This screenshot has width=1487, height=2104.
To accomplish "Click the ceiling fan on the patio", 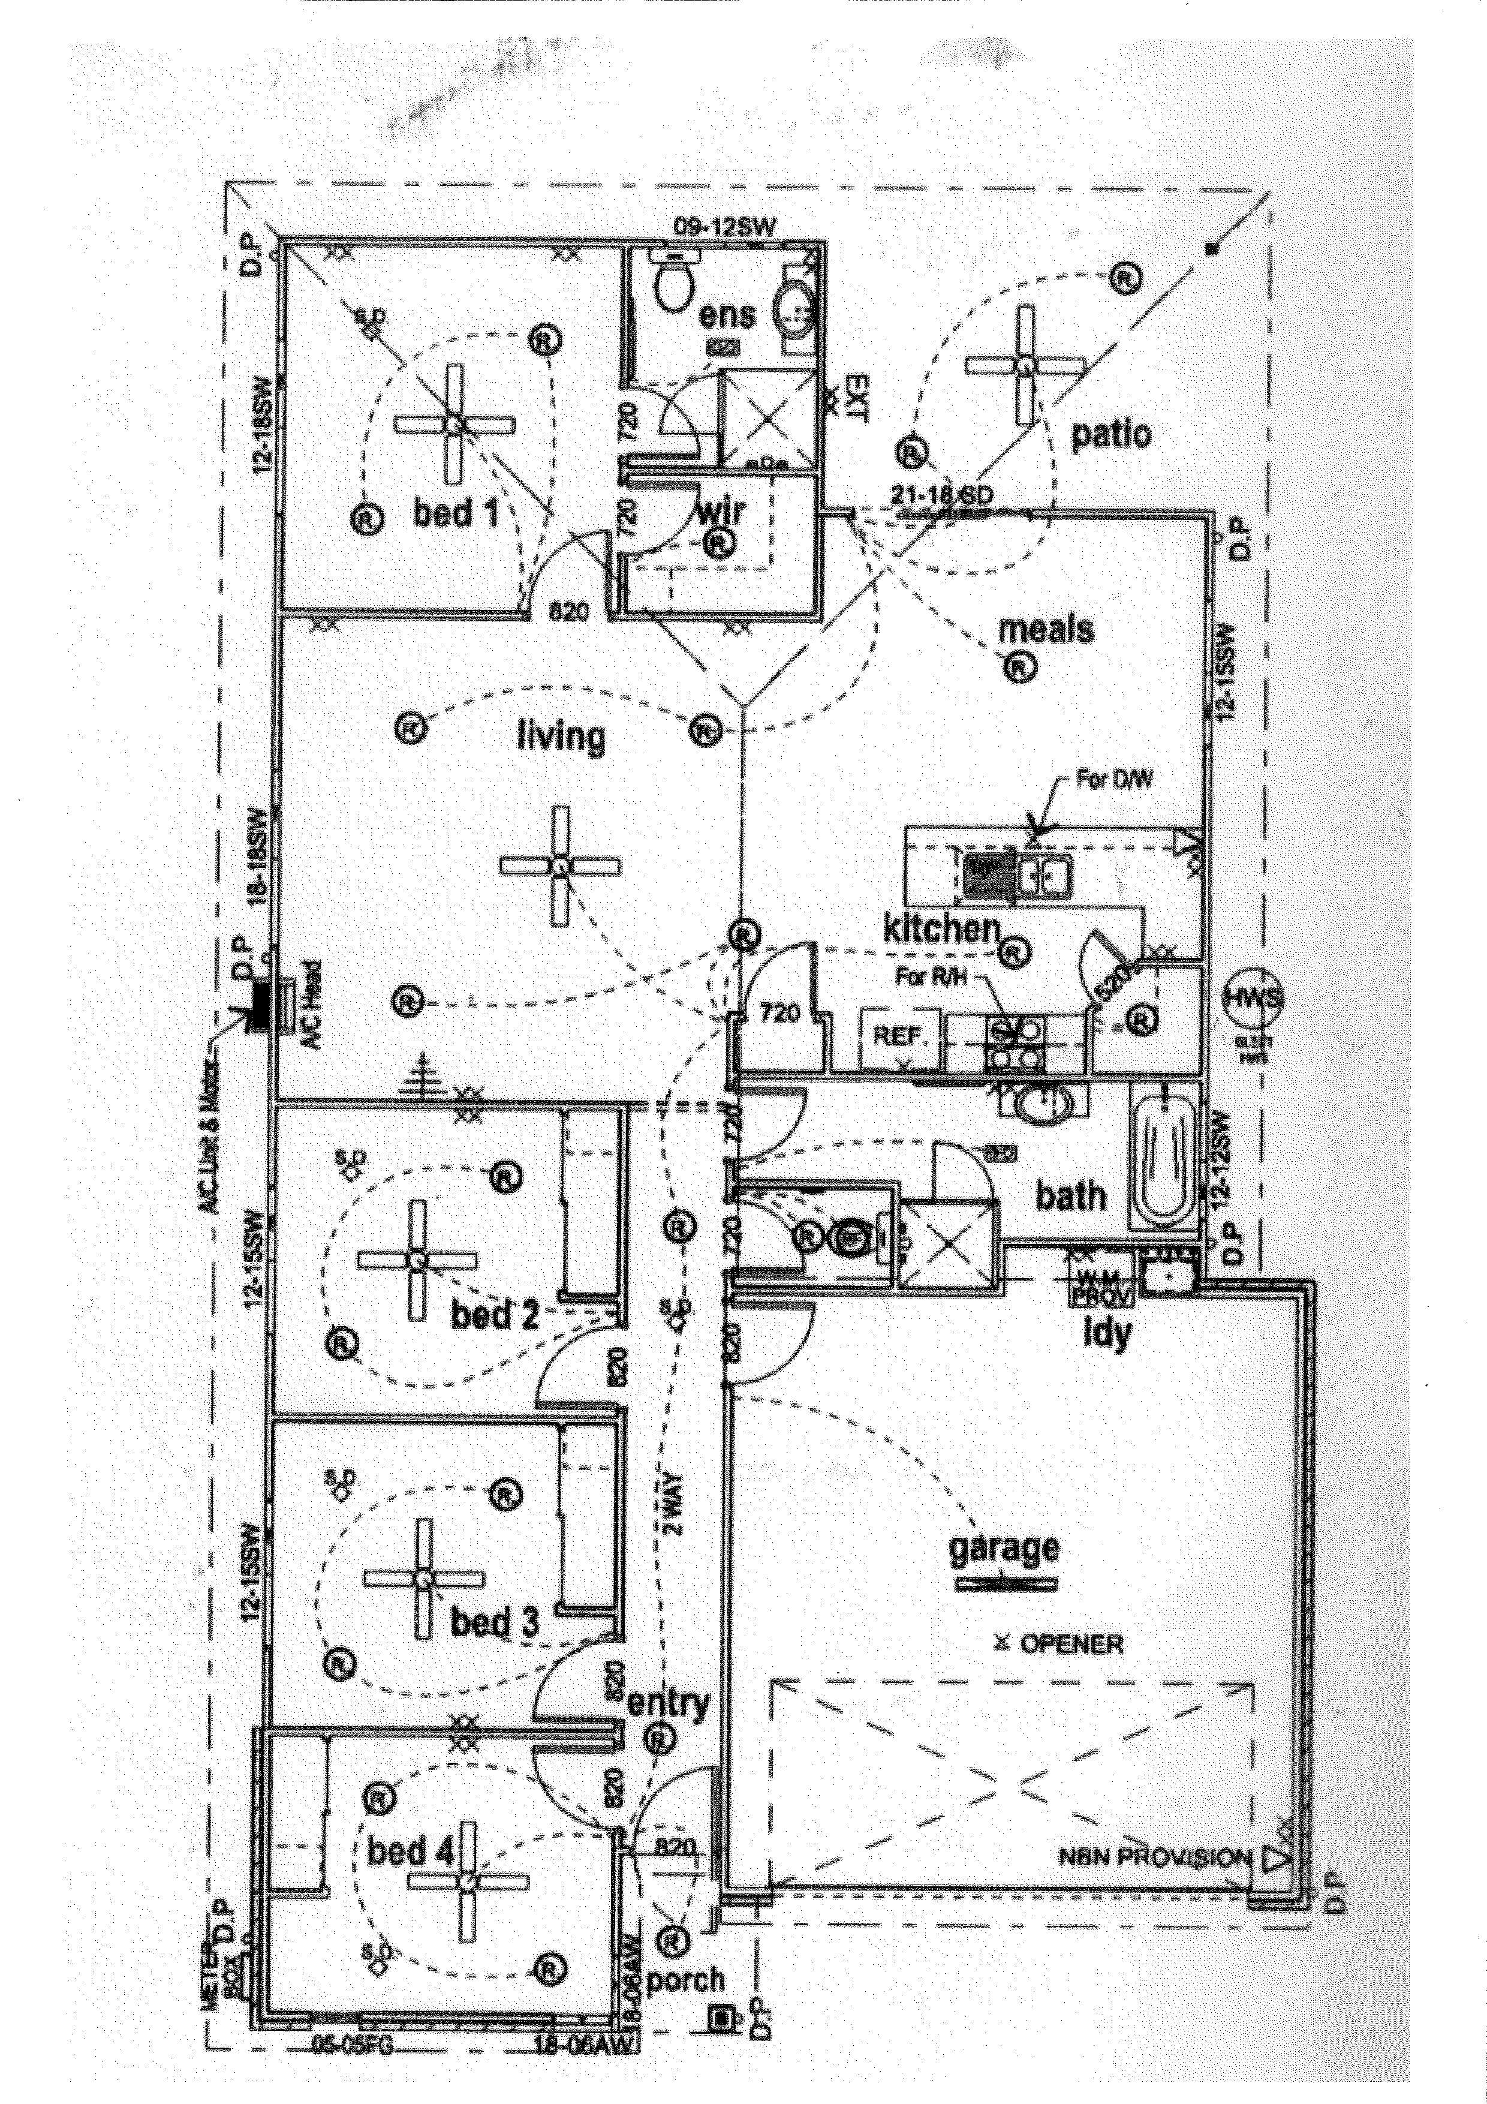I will tap(1026, 365).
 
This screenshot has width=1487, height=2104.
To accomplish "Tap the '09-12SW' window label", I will tap(724, 226).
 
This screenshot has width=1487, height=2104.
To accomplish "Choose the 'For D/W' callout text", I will tap(1113, 780).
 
